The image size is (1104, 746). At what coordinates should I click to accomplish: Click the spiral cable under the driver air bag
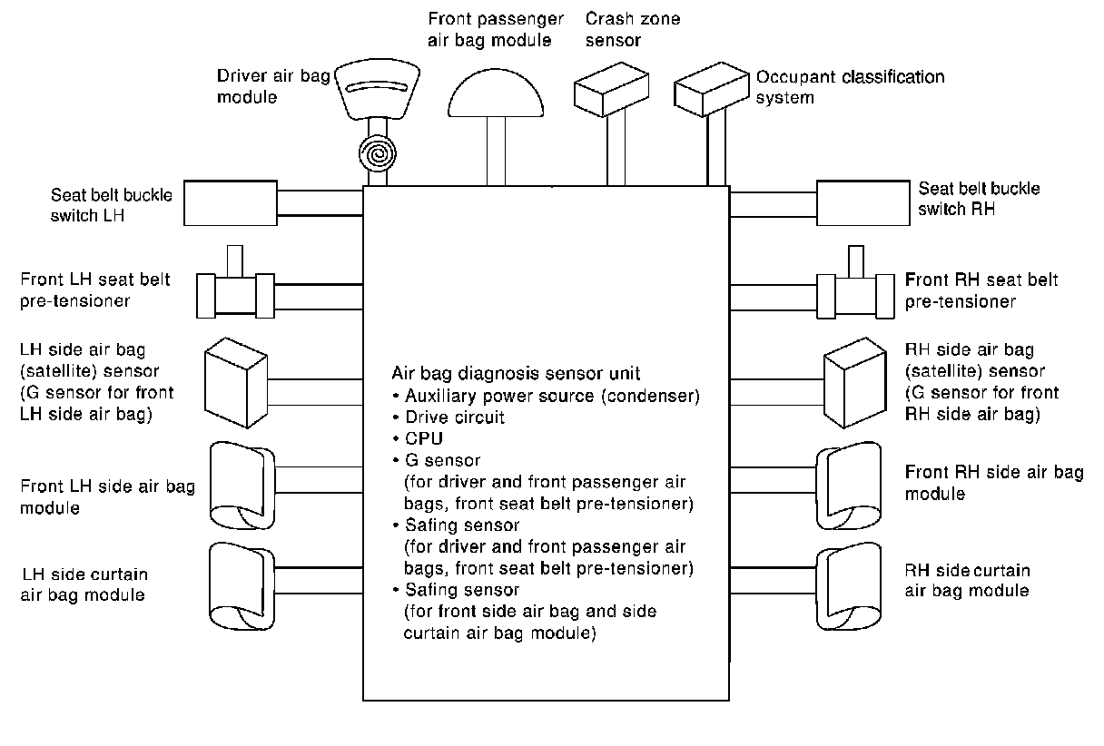(378, 153)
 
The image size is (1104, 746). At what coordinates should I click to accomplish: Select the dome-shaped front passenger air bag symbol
(496, 93)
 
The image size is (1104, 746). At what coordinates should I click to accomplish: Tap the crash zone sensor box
(611, 89)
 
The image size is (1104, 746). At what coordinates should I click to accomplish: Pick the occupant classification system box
(711, 89)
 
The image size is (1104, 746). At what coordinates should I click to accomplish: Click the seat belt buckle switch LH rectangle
(231, 203)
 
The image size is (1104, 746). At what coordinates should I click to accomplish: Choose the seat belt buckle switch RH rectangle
(863, 203)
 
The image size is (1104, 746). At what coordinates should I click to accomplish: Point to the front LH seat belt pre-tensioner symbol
(235, 283)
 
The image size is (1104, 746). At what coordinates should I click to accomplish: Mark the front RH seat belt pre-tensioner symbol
(855, 283)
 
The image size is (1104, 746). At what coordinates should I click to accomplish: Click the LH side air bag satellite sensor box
(236, 383)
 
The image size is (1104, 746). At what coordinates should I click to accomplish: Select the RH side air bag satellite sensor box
(855, 383)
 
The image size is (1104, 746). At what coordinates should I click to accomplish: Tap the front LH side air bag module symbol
(242, 486)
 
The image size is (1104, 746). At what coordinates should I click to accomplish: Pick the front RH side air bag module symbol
(849, 486)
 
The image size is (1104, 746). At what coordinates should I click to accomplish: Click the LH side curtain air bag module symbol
(242, 586)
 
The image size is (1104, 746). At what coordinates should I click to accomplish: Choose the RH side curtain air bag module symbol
(849, 586)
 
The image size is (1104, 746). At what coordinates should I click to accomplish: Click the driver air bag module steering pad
(378, 89)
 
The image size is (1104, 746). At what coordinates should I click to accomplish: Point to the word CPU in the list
(424, 438)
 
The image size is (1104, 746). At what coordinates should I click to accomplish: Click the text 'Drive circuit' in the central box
(455, 417)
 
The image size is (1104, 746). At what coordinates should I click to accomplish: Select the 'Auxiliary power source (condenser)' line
(552, 397)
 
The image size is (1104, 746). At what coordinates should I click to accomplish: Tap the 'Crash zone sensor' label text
(633, 30)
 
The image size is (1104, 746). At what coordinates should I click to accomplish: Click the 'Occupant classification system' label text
(850, 87)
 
